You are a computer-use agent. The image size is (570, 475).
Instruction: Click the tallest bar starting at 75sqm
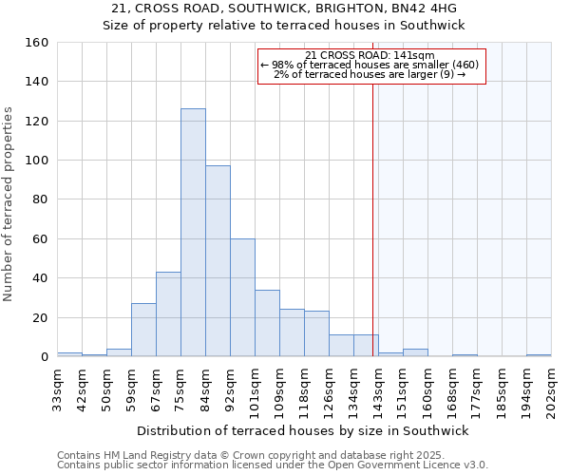[193, 233]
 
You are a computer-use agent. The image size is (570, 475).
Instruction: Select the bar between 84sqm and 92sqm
[218, 261]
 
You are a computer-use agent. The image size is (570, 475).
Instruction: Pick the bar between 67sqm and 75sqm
[168, 314]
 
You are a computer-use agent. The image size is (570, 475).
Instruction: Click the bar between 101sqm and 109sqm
[267, 323]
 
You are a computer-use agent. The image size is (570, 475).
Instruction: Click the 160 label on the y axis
[37, 43]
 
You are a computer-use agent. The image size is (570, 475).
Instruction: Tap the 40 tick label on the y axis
[41, 278]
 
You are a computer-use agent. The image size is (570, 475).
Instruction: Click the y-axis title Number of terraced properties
[9, 204]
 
